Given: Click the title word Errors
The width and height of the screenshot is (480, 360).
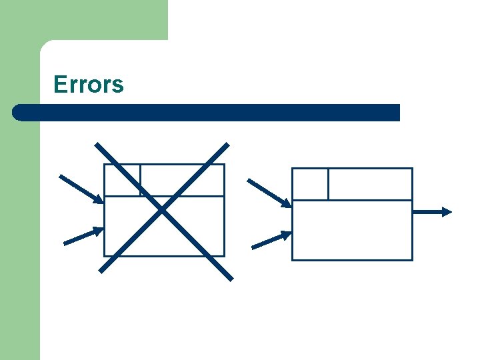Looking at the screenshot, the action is [x=89, y=85].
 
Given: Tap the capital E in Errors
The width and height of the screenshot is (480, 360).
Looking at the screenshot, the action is [x=59, y=85].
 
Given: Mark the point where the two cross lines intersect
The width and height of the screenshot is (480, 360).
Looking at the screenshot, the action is [x=163, y=211].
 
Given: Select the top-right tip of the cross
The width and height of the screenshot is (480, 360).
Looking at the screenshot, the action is [x=227, y=144].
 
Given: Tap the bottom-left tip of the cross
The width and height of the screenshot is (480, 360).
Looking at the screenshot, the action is [x=101, y=271].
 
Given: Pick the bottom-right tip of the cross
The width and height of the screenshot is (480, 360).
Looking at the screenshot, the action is [x=231, y=278].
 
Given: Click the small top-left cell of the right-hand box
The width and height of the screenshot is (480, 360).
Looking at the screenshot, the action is [x=311, y=184].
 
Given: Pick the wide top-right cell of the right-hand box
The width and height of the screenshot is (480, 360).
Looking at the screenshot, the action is [x=370, y=184].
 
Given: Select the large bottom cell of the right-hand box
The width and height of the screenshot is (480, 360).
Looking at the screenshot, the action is [x=352, y=230].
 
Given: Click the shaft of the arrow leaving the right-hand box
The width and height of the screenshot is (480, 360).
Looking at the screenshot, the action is [x=428, y=212].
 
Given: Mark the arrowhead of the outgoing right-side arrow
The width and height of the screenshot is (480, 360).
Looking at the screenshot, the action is [x=447, y=212].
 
